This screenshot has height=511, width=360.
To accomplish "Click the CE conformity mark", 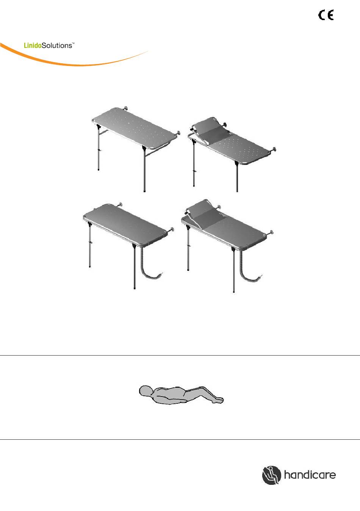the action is pos(326,15).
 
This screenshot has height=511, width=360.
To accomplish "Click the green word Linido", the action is pos(33,45).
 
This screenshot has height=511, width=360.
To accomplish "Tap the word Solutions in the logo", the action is pos(57,45).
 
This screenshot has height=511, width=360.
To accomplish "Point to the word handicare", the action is pos(310,475).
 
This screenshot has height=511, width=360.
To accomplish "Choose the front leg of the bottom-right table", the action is pos(234,270).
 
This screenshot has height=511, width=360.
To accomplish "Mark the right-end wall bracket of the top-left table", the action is pos(178,133).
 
